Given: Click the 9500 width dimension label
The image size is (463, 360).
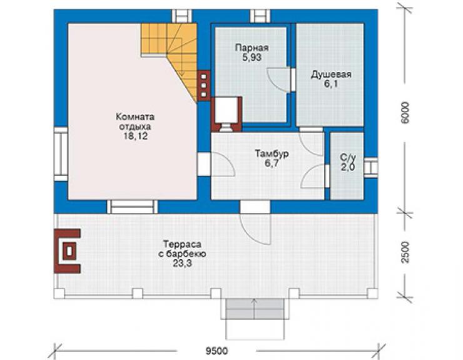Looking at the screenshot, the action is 216,351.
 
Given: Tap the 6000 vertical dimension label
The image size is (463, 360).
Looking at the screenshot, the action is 405,113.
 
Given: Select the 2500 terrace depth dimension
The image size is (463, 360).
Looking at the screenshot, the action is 405,252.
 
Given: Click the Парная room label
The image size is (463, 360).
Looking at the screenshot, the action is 252,48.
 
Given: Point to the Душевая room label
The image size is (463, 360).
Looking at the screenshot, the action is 331,75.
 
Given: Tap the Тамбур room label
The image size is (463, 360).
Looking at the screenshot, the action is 272,153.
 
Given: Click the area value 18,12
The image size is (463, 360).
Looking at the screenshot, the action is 135,136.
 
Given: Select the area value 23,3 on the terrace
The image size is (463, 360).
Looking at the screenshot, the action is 182,263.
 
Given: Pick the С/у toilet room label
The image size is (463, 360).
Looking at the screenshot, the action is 348,158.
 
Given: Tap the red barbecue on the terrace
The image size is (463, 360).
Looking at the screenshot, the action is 67,251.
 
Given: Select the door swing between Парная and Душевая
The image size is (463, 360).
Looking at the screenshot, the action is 279,80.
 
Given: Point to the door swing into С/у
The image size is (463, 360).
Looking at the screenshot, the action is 313,176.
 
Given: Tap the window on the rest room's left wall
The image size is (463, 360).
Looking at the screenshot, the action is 61,154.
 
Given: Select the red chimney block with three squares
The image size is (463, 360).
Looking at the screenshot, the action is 204,86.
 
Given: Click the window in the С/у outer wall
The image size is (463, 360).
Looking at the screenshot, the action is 370,168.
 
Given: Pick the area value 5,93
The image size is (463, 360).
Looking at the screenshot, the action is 252,58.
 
